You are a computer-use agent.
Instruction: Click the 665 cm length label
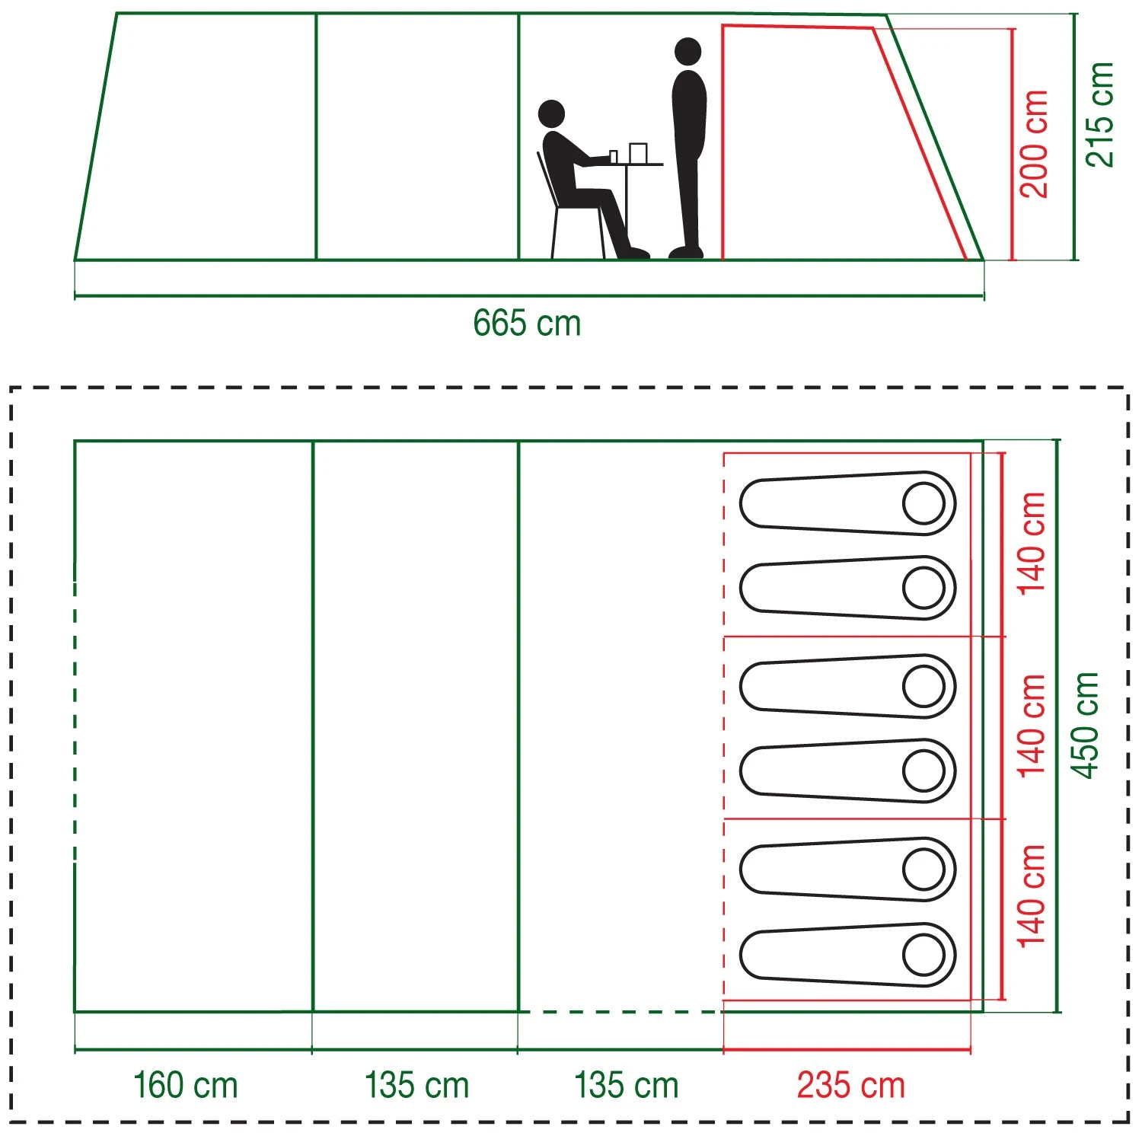coord(527,324)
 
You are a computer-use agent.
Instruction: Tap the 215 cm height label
coord(1101,115)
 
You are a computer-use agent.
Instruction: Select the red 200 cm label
coord(1034,144)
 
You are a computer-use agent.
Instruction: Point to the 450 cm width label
coord(1086,725)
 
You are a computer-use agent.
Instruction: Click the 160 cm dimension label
coord(185,1085)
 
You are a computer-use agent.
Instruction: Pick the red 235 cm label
coord(850,1085)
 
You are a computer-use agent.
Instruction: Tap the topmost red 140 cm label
coord(1032,543)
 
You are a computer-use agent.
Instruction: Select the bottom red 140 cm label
coord(1032,895)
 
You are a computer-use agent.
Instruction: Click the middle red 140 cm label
coord(1032,725)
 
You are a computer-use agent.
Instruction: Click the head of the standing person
coord(687,52)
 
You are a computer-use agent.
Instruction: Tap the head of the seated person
coord(551,114)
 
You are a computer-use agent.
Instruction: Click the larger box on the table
coord(638,153)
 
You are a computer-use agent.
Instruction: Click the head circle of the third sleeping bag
coord(924,686)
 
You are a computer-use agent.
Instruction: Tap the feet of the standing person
coord(686,251)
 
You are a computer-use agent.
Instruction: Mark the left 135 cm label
coord(416,1085)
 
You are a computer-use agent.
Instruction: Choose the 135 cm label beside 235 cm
coord(626,1085)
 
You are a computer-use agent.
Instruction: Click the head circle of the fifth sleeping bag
coord(924,870)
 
